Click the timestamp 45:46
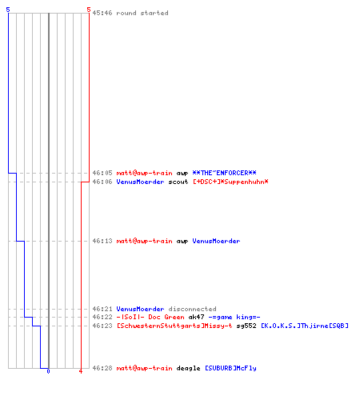tap(102, 13)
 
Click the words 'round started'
tap(142, 13)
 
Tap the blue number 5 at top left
tap(8, 10)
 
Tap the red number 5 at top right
tap(89, 10)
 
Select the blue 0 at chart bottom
tap(48, 371)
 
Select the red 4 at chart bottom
tap(81, 371)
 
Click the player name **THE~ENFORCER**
tap(224, 173)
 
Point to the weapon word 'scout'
tap(178, 182)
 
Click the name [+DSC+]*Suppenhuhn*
tap(230, 182)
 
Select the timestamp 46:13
tap(102, 241)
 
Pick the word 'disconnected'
tap(192, 309)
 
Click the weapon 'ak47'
tap(196, 317)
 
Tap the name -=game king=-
tap(234, 317)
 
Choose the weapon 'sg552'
tap(246, 326)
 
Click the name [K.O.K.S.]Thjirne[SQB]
tap(305, 326)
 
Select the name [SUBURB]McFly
tap(230, 368)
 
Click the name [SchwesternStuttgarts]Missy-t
tap(174, 326)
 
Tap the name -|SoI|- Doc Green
tap(150, 317)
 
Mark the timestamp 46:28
tap(102, 368)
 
